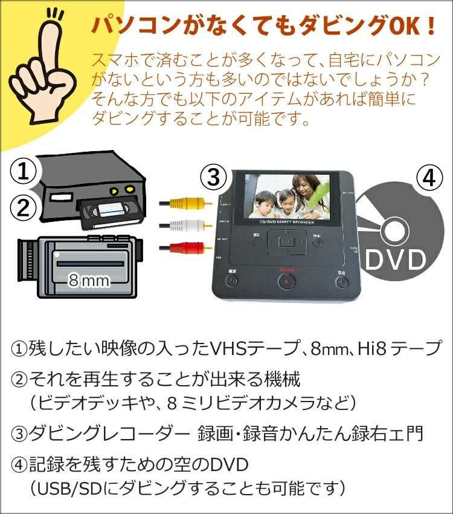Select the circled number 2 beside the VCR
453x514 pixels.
[23, 208]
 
